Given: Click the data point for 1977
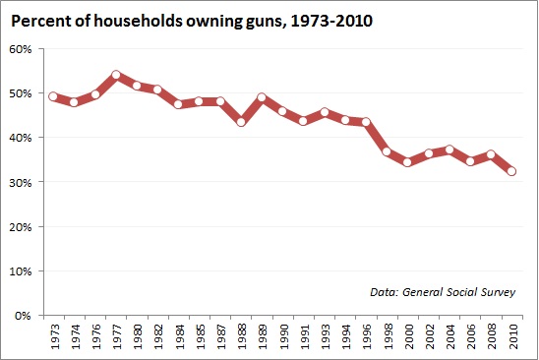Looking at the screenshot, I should [x=116, y=75].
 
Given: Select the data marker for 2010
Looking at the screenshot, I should [x=511, y=171].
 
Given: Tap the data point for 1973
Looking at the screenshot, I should [x=53, y=96].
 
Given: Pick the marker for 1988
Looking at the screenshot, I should [x=241, y=122].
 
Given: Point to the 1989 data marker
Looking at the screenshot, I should [x=262, y=98].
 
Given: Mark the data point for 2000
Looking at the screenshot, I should [x=407, y=161].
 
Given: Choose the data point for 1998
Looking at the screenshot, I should [x=387, y=151].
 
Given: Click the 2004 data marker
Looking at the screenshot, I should [x=449, y=150].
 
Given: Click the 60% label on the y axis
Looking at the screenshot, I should [x=23, y=49].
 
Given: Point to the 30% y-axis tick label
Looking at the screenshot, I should [x=23, y=182].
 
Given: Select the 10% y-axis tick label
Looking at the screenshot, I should [x=23, y=271].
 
